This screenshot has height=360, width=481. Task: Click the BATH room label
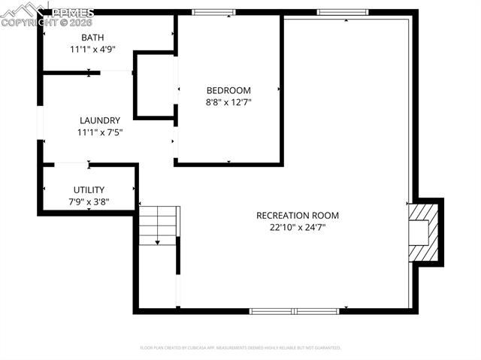click(92, 38)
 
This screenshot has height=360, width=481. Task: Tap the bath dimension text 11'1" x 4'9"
click(92, 50)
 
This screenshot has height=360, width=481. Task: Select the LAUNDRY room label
click(99, 120)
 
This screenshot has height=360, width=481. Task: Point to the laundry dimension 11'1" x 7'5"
click(99, 132)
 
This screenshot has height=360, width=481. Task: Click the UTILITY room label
click(89, 190)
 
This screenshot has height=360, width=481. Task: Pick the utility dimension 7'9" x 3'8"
click(89, 201)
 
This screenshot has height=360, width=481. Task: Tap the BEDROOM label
click(228, 90)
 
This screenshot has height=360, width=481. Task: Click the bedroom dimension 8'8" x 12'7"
click(228, 102)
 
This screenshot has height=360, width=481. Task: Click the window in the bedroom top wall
click(213, 12)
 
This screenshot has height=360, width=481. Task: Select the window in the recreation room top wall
click(342, 12)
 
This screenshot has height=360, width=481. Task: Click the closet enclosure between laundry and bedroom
click(154, 85)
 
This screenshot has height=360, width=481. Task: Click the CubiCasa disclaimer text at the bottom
click(240, 348)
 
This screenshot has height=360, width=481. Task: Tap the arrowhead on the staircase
click(158, 242)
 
